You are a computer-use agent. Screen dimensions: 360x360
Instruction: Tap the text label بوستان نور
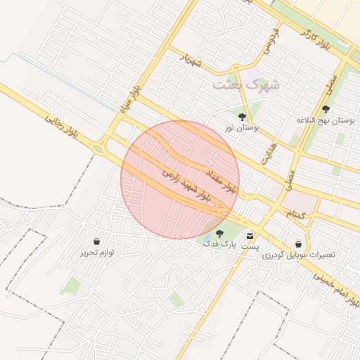241,129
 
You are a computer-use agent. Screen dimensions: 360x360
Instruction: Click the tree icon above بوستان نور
242,117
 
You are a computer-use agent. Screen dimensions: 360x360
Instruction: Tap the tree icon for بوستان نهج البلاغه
326,109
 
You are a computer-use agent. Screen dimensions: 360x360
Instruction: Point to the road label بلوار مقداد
221,181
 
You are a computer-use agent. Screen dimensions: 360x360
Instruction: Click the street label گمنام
295,212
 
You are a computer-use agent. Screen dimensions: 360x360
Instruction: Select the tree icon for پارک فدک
220,233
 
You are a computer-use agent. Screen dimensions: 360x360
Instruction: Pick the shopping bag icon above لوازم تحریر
96,241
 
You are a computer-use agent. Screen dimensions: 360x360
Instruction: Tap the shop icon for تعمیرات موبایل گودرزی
299,244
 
